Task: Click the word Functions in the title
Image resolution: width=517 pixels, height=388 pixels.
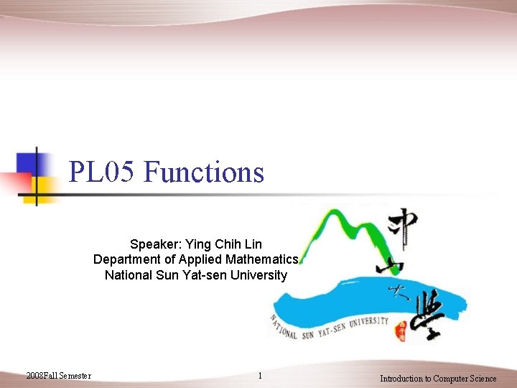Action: click(204, 172)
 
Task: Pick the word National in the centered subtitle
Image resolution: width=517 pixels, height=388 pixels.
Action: click(127, 275)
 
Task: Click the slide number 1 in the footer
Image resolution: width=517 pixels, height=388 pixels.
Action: click(260, 377)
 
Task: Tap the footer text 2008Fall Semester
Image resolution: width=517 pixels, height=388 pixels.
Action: click(58, 376)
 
